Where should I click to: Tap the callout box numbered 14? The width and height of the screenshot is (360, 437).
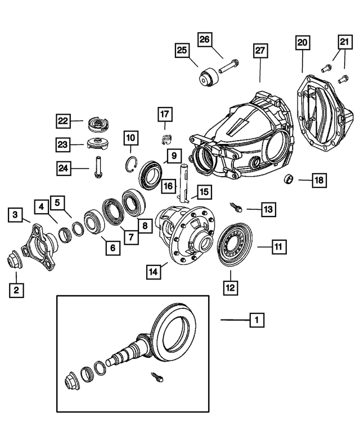point(153,272)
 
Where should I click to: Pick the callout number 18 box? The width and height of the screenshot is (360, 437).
point(319,180)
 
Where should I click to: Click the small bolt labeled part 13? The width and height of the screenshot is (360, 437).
point(236,206)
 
